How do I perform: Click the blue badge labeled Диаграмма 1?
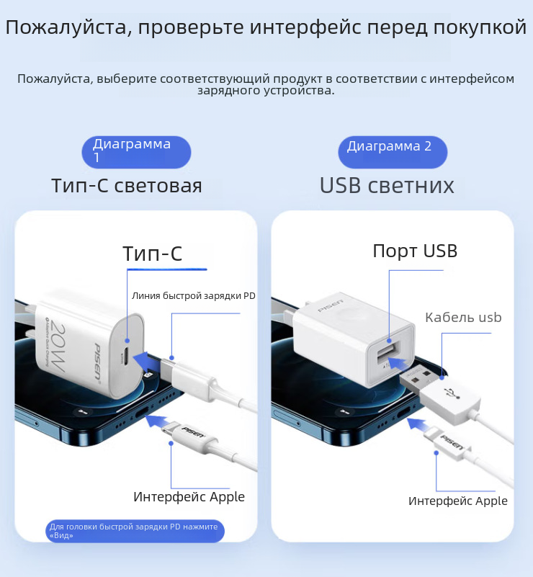(136, 152)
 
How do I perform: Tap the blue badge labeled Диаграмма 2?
(393, 152)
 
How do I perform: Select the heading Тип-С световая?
(127, 185)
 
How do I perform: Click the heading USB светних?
(387, 185)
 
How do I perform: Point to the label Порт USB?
(415, 251)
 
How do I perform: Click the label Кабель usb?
(463, 317)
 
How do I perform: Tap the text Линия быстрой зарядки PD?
(194, 295)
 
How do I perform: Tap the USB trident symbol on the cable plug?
(452, 393)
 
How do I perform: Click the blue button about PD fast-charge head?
(135, 531)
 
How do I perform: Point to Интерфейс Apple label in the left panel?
(189, 496)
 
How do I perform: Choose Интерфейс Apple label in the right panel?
(458, 501)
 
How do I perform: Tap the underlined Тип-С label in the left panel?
(152, 254)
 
